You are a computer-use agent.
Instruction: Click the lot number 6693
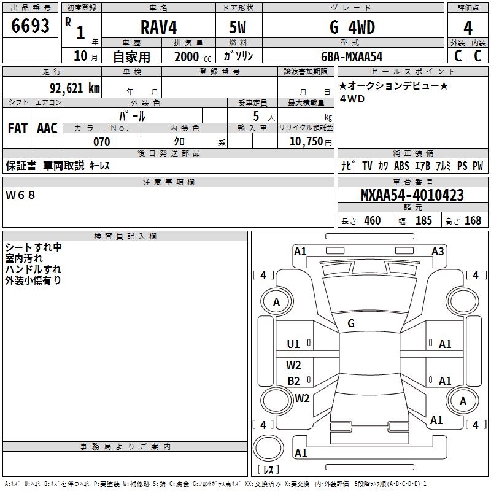coord(31,27)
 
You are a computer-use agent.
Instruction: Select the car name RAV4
coord(158,28)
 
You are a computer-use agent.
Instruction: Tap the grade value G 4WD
coord(352,28)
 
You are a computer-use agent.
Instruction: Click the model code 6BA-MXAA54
coord(352,56)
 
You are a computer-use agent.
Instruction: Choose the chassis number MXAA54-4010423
coord(412,196)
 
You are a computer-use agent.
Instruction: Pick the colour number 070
coord(101,142)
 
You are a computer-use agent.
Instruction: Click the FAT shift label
coord(18,128)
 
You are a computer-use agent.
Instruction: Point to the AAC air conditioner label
coord(47,128)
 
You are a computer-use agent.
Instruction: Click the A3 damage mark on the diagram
coord(438,251)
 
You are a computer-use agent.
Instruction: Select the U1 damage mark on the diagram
coord(294,344)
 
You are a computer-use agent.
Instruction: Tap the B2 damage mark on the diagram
coord(294,381)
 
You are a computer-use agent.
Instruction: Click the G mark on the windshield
coord(351,323)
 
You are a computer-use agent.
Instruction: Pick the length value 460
coord(373,221)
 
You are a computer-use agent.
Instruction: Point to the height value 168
coord(473,221)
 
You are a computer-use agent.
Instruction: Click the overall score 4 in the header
coord(468,28)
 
